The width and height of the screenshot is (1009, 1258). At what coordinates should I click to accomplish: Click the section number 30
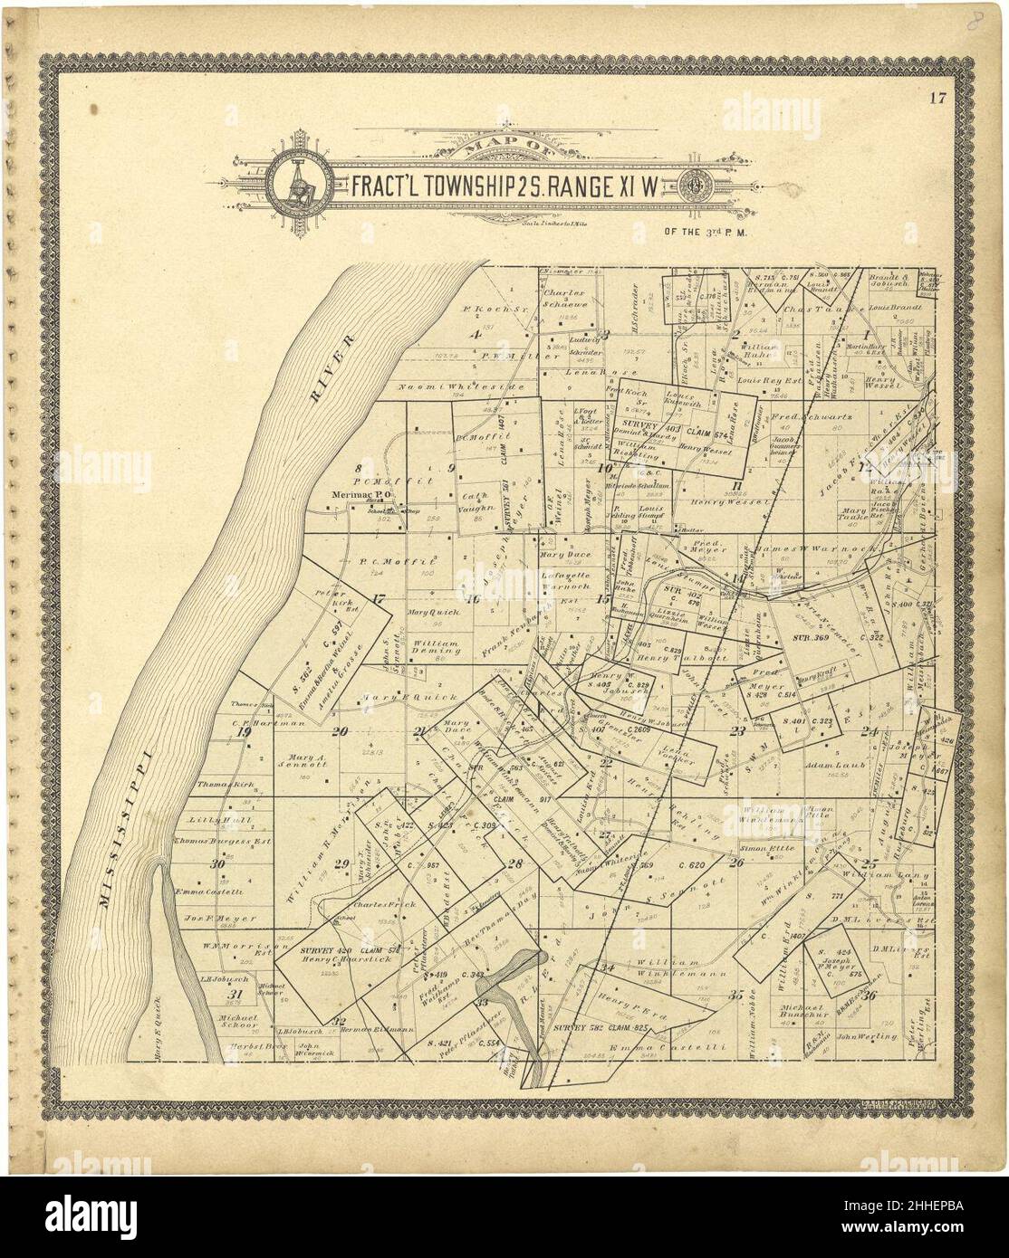(216, 864)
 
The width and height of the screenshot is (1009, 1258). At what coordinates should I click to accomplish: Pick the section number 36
(870, 996)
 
